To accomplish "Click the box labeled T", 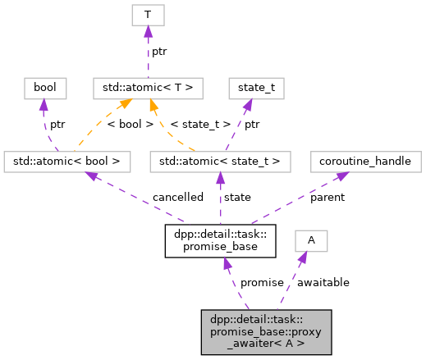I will click(148, 14).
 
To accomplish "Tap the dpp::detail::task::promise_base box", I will click(220, 239).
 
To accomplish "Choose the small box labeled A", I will click(311, 239).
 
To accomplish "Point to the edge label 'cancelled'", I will click(177, 198).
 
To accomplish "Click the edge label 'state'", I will click(237, 198).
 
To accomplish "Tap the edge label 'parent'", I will click(328, 198).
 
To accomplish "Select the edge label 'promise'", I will click(261, 282).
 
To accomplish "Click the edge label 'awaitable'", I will click(323, 282).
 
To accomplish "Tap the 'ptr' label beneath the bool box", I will click(57, 125).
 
